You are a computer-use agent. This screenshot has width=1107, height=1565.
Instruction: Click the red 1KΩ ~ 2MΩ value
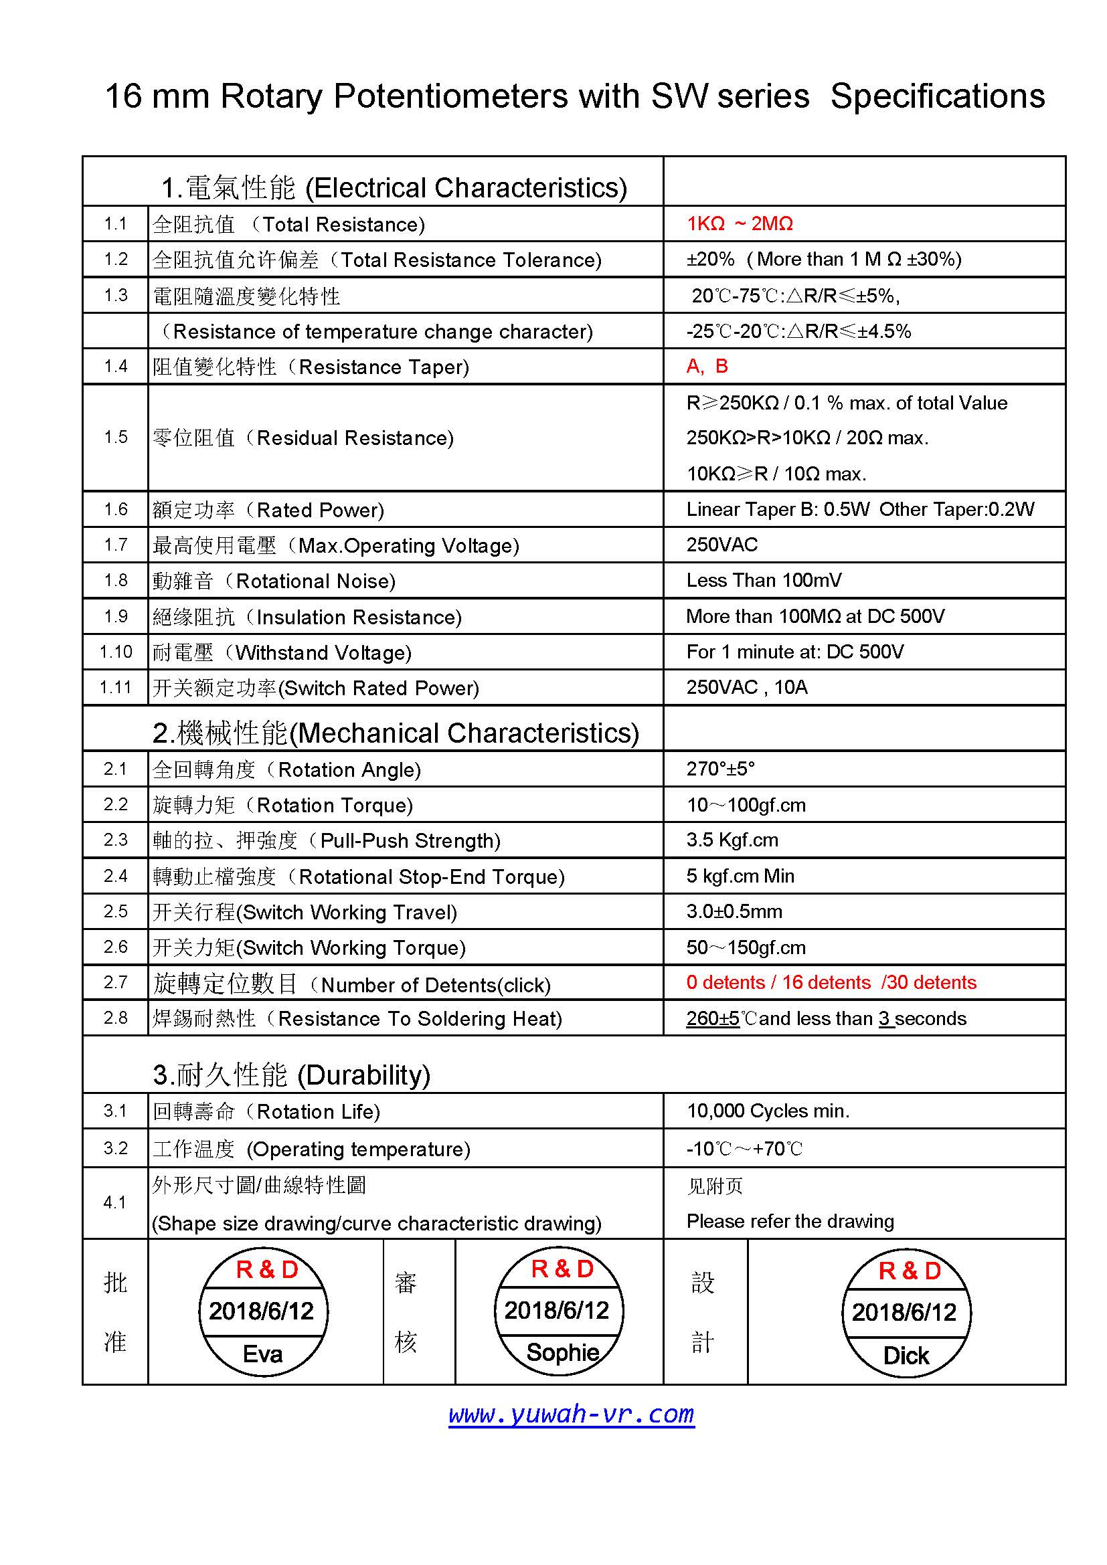[x=740, y=223]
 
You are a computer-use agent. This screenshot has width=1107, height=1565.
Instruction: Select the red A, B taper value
[x=707, y=366]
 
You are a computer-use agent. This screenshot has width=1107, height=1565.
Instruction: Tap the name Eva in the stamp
[x=262, y=1353]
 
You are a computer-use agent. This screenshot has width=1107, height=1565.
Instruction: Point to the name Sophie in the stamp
[x=562, y=1352]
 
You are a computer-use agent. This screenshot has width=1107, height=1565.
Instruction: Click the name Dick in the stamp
[x=906, y=1355]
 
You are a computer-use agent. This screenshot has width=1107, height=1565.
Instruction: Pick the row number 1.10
[x=115, y=652]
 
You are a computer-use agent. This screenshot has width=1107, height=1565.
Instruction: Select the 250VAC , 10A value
[x=746, y=687]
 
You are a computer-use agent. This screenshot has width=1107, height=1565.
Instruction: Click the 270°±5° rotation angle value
[x=721, y=769]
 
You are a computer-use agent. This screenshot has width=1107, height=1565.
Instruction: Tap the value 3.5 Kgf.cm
[x=732, y=840]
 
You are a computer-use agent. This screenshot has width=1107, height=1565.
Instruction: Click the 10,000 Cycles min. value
[x=768, y=1111]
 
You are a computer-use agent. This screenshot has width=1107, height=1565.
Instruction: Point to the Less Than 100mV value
[x=764, y=580]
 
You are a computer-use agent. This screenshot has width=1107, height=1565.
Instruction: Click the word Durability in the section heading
[x=364, y=1075]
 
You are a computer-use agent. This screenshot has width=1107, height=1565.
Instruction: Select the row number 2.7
[x=115, y=982]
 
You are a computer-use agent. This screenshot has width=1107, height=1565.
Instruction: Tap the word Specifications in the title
[x=937, y=96]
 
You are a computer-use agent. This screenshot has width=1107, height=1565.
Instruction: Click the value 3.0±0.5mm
[x=734, y=911]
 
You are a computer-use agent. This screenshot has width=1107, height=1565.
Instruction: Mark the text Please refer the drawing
[x=790, y=1221]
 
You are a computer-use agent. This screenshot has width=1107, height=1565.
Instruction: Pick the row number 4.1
[x=115, y=1202]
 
